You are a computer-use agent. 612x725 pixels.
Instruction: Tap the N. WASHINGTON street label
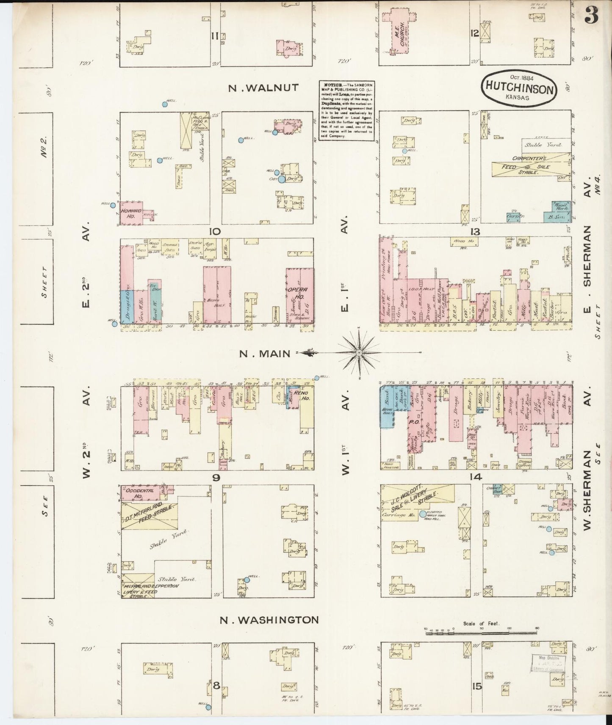(x=269, y=620)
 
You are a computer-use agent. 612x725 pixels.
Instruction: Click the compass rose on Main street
(x=359, y=352)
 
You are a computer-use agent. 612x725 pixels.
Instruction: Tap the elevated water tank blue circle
(x=422, y=514)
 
